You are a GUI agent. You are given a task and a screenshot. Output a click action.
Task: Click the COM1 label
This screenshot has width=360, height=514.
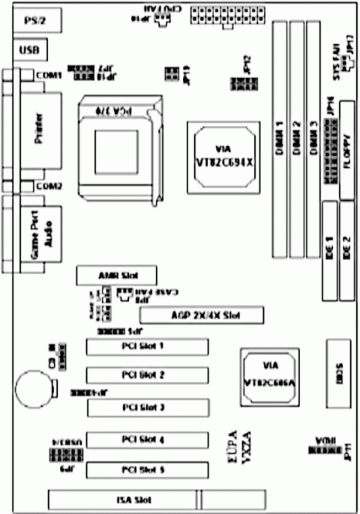click(x=50, y=75)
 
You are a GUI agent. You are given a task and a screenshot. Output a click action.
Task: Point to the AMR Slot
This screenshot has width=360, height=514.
click(x=117, y=276)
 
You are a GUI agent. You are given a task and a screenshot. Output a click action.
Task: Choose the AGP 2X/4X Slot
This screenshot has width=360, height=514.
click(x=201, y=315)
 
